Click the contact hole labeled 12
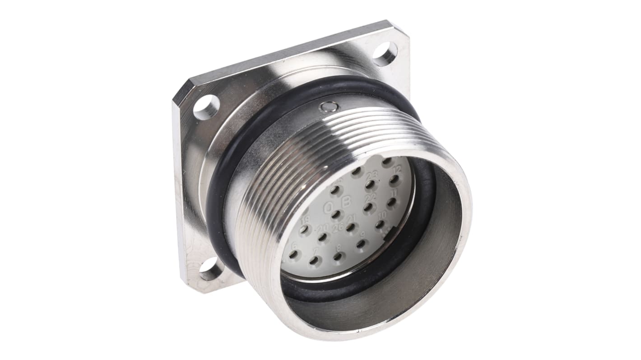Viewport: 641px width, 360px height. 394,180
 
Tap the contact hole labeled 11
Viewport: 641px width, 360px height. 391,202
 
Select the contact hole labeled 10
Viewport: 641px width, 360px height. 380,224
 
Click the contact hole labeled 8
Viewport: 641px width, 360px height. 337,257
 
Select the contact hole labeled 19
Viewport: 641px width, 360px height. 304,230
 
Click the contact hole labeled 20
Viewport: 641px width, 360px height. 322,237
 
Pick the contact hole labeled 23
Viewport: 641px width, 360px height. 370,185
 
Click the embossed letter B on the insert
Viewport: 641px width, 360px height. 346,203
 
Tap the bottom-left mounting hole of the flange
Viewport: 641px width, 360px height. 211,270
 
